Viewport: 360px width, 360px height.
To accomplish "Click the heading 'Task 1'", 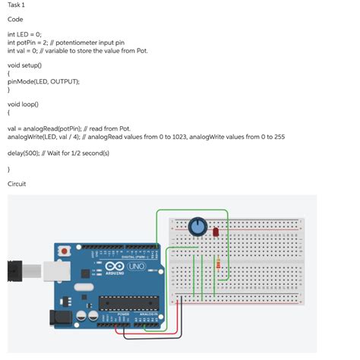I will click(x=16, y=5).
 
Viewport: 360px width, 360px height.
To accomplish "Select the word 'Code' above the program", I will click(x=15, y=19).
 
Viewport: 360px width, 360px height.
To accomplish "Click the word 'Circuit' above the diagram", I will click(x=17, y=184).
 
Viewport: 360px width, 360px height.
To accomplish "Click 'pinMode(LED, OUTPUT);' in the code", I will click(x=43, y=81).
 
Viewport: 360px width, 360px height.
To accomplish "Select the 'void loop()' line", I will click(x=23, y=104).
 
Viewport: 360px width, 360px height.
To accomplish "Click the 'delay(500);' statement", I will click(x=24, y=153).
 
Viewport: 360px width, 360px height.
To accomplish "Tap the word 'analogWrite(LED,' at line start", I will click(x=30, y=137).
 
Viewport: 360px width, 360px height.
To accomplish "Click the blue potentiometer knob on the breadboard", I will click(x=197, y=226).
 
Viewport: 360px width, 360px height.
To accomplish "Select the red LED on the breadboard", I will click(x=216, y=231).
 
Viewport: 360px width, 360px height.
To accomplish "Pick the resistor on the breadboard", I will click(x=220, y=265).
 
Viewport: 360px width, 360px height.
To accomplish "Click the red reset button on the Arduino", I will click(x=65, y=250).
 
